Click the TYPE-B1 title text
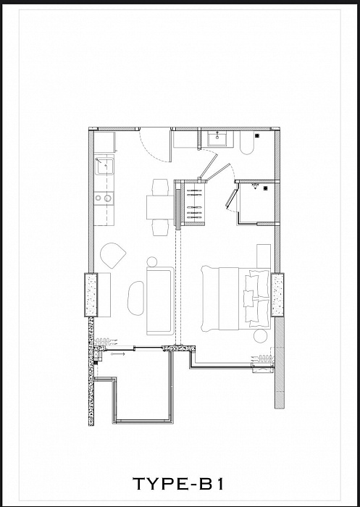pyautogui.click(x=178, y=484)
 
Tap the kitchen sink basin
pyautogui.click(x=104, y=166)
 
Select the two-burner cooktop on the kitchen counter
pyautogui.click(x=104, y=198)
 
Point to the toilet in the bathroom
pyautogui.click(x=247, y=142)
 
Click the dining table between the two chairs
pyautogui.click(x=160, y=207)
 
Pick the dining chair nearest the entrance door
pyautogui.click(x=160, y=187)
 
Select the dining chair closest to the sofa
pyautogui.click(x=160, y=227)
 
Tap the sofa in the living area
pyautogui.click(x=160, y=301)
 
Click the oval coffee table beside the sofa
pyautogui.click(x=136, y=298)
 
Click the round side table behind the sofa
pyautogui.click(x=151, y=261)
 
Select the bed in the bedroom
pyautogui.click(x=236, y=298)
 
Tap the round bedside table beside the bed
pyautogui.click(x=260, y=336)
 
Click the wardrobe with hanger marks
pyautogui.click(x=195, y=204)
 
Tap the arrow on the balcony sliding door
pyautogui.click(x=117, y=354)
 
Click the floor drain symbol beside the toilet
pyautogui.click(x=257, y=135)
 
